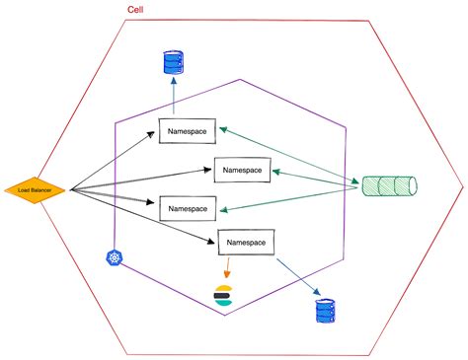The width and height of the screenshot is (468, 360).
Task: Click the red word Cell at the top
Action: pyautogui.click(x=138, y=10)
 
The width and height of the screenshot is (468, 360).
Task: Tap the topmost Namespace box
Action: pyautogui.click(x=188, y=130)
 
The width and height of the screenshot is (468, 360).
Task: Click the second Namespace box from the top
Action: pyautogui.click(x=242, y=170)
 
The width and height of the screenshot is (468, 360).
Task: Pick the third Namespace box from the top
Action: pyautogui.click(x=188, y=209)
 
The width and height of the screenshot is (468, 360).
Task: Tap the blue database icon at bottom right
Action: pyautogui.click(x=322, y=312)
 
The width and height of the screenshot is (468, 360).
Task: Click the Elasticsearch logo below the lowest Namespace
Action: pyautogui.click(x=225, y=295)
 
